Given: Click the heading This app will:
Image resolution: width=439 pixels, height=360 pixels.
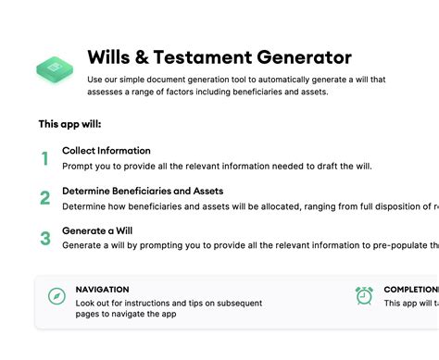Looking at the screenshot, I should click(x=69, y=123).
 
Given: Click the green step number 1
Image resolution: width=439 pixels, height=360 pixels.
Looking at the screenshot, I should click(x=44, y=158).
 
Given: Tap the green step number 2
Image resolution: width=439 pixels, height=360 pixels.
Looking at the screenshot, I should click(x=44, y=198).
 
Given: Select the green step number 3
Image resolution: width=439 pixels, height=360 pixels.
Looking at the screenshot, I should click(x=44, y=238).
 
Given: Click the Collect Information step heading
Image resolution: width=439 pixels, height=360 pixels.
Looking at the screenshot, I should click(x=106, y=150).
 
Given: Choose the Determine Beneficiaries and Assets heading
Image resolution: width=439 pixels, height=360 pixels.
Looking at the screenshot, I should click(x=142, y=191).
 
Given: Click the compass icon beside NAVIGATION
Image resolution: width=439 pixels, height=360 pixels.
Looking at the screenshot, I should click(x=56, y=296).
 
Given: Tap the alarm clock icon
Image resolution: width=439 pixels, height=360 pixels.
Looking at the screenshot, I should click(x=364, y=296).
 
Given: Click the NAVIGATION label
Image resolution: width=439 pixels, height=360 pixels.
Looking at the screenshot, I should click(x=102, y=290).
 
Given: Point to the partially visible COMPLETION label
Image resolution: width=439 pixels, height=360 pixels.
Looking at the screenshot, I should click(x=410, y=290).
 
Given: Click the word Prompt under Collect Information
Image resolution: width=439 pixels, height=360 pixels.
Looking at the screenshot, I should click(x=79, y=166).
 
